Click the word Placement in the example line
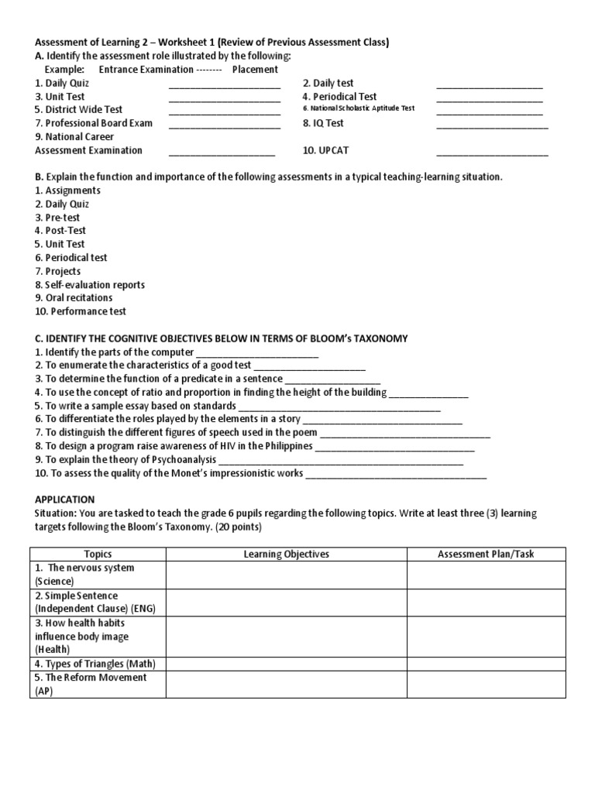(255, 70)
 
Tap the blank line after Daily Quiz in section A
(224, 86)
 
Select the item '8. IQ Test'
(323, 123)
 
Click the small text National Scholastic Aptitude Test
(359, 108)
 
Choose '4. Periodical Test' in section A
(339, 97)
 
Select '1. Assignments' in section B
(68, 191)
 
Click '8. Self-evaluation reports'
(90, 284)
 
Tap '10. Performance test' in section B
(81, 311)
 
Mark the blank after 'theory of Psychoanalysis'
(340, 462)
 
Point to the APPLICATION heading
(65, 499)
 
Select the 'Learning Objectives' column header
(286, 554)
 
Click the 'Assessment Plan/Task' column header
(486, 554)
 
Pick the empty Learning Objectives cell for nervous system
(286, 575)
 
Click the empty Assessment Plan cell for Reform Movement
(486, 684)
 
